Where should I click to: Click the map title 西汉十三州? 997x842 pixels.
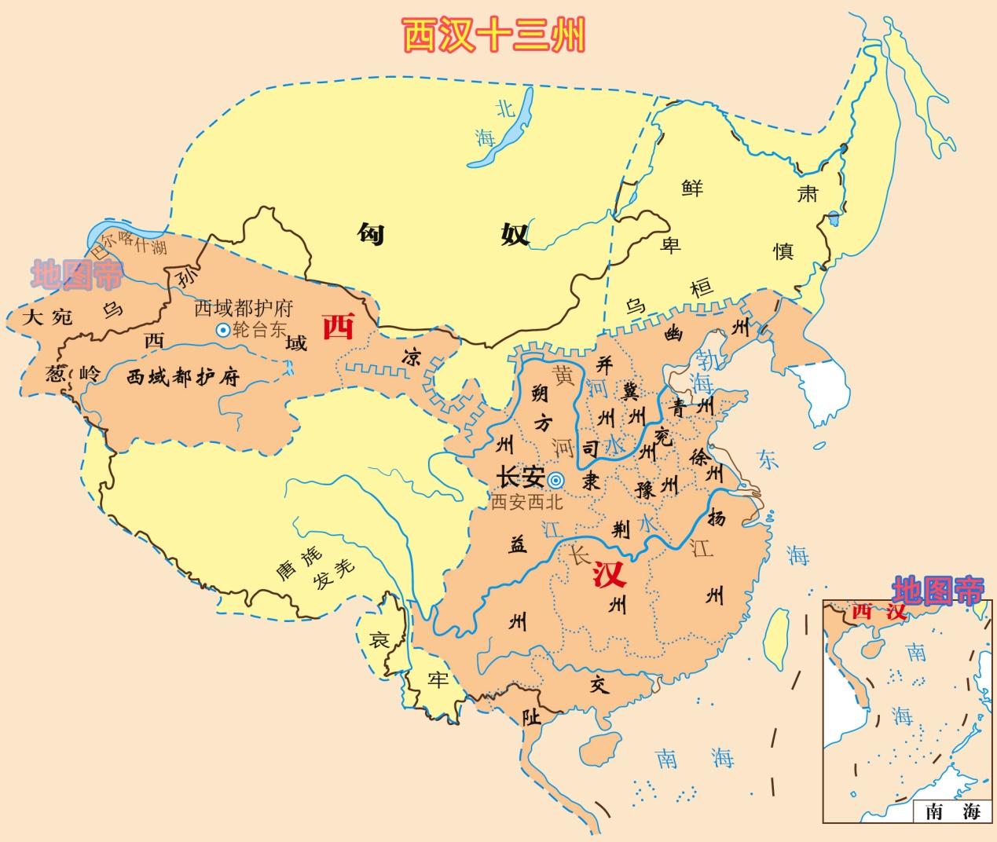494,35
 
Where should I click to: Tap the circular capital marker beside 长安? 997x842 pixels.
555,480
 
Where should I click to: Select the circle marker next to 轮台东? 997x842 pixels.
223,331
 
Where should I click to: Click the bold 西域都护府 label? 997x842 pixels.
182,377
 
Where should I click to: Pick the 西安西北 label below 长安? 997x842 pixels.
526,503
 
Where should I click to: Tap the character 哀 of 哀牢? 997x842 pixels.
380,640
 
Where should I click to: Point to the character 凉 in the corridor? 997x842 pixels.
411,357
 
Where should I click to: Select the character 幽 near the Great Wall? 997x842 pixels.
673,333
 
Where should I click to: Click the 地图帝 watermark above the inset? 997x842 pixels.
937,589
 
